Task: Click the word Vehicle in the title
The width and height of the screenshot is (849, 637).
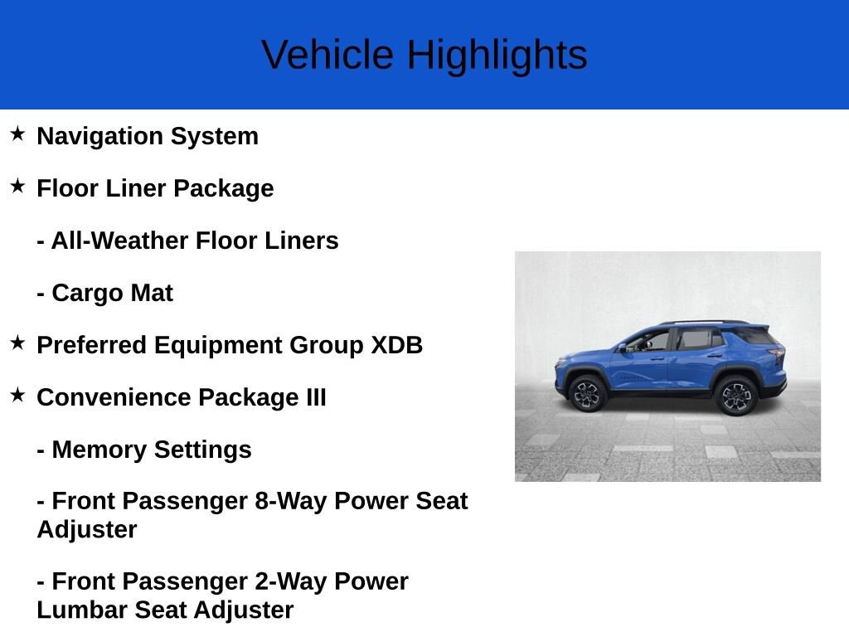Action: (327, 54)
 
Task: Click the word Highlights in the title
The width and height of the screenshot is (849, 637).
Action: (497, 56)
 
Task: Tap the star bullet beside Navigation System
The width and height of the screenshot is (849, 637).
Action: (17, 134)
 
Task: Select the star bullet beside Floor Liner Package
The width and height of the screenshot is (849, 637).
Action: (17, 187)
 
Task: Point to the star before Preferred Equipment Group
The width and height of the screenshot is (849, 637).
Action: (17, 343)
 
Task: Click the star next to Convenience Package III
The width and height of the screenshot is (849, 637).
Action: (17, 395)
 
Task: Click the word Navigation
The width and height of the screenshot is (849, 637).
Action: (99, 137)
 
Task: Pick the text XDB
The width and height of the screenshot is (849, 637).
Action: (396, 345)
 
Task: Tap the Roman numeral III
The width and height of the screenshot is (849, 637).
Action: (316, 397)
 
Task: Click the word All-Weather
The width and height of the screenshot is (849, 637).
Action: (119, 241)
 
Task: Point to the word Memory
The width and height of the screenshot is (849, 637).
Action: (99, 450)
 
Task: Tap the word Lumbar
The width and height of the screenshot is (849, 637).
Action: (82, 610)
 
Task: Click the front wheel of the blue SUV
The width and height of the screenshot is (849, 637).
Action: (587, 394)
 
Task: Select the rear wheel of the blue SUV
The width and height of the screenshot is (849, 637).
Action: (736, 396)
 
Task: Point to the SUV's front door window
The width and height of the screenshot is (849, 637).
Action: (649, 342)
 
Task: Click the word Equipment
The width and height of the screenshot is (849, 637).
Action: (217, 346)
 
